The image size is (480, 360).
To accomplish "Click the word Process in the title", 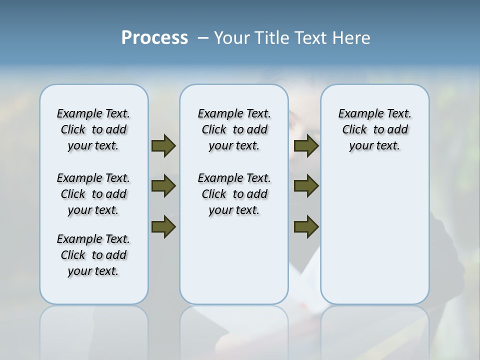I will click(154, 37).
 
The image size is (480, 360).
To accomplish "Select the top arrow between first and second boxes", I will click(163, 145).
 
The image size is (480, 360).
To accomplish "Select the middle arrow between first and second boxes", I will click(163, 186).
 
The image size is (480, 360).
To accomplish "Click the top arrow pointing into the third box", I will click(306, 145).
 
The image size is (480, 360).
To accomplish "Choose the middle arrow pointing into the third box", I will click(306, 186).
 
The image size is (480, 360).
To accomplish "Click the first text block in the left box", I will click(93, 129).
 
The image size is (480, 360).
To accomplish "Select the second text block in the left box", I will click(93, 194).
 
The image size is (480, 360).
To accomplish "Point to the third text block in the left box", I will click(93, 255).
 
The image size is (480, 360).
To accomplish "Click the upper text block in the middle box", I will click(234, 129).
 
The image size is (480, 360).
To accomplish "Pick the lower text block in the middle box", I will click(234, 194).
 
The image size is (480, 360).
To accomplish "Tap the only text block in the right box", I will click(374, 129).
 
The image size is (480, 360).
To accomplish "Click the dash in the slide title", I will click(203, 38).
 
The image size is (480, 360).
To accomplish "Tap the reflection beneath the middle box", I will click(234, 330).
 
